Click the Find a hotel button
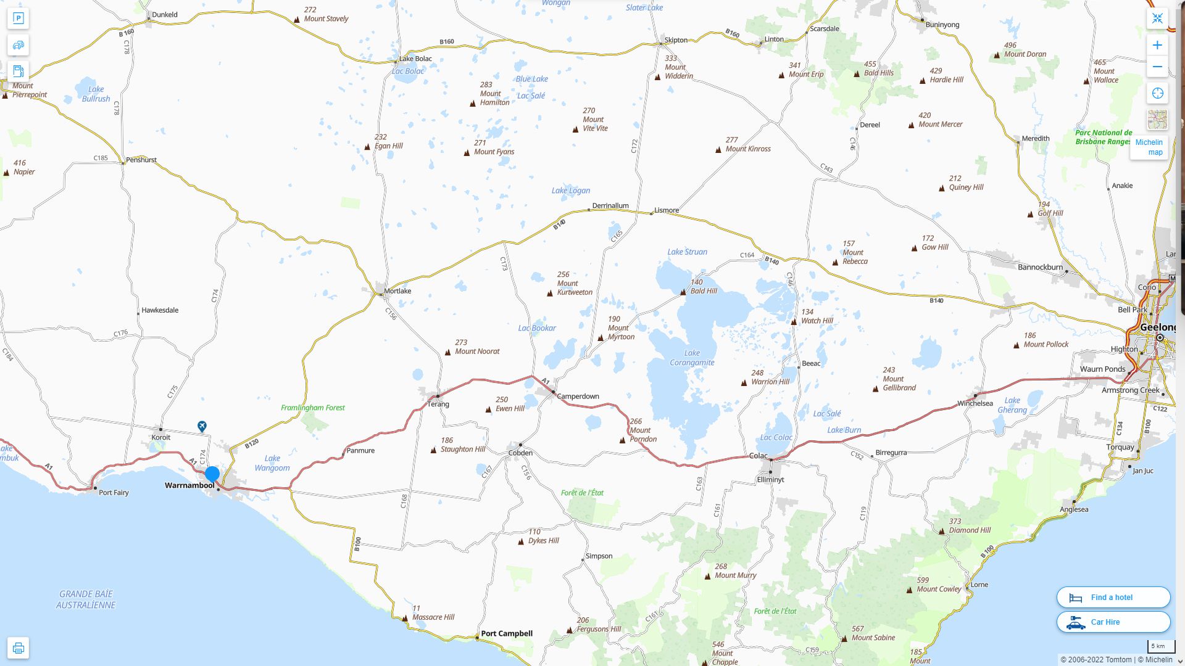pos(1113,597)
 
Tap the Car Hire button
pos(1113,622)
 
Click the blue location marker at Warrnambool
pos(212,474)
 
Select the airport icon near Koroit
pos(202,426)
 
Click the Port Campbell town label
pos(506,633)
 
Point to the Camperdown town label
pos(578,396)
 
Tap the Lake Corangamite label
pos(692,358)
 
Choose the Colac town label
pos(758,456)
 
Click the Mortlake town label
pos(397,290)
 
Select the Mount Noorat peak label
pos(477,347)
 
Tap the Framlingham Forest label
pos(313,408)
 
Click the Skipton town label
pos(676,40)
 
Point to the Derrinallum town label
pos(610,205)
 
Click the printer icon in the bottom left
pos(18,648)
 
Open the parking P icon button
pos(18,18)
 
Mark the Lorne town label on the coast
pos(979,585)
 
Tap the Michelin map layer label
pos(1149,147)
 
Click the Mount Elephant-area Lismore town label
pos(667,210)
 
